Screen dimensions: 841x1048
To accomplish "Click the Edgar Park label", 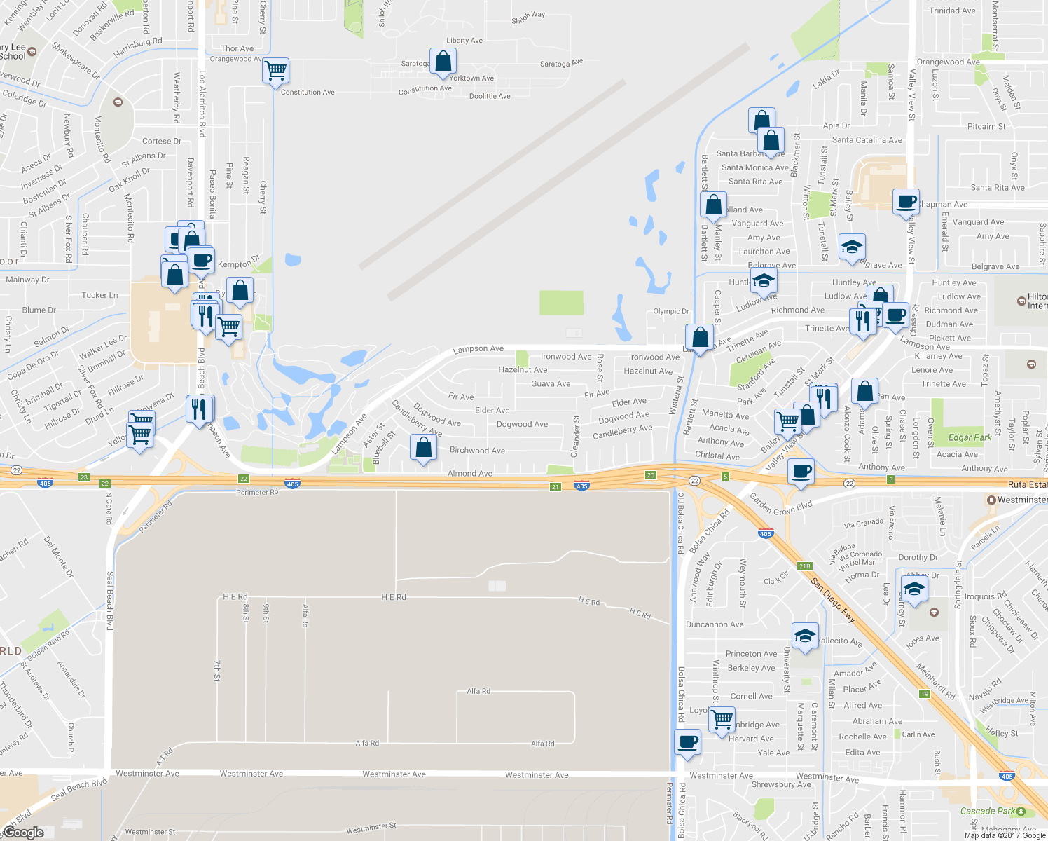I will [970, 437].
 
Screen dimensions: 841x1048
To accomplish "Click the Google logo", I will [23, 833].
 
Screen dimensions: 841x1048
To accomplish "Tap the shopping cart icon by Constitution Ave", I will [275, 70].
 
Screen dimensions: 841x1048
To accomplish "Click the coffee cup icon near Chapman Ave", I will [906, 202].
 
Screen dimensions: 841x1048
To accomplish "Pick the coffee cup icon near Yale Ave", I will [687, 741].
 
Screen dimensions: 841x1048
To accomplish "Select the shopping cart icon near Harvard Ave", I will [721, 719].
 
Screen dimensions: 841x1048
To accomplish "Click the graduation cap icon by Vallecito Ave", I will [804, 636].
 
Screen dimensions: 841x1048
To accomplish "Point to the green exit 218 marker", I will [804, 566].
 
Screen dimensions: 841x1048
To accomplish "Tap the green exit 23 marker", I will [84, 477].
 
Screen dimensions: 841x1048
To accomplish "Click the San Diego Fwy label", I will [832, 601].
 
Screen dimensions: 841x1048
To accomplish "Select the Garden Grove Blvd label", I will [780, 504].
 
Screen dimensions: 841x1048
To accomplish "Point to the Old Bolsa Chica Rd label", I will [680, 524].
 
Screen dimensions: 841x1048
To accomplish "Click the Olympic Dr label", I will [670, 311].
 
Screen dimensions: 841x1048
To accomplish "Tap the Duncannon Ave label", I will [715, 624].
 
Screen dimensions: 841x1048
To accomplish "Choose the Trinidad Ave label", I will [951, 11].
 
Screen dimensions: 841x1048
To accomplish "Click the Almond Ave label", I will [469, 474].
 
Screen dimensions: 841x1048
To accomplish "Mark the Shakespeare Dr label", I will [76, 61].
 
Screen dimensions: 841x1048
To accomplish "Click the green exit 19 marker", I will [925, 694].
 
